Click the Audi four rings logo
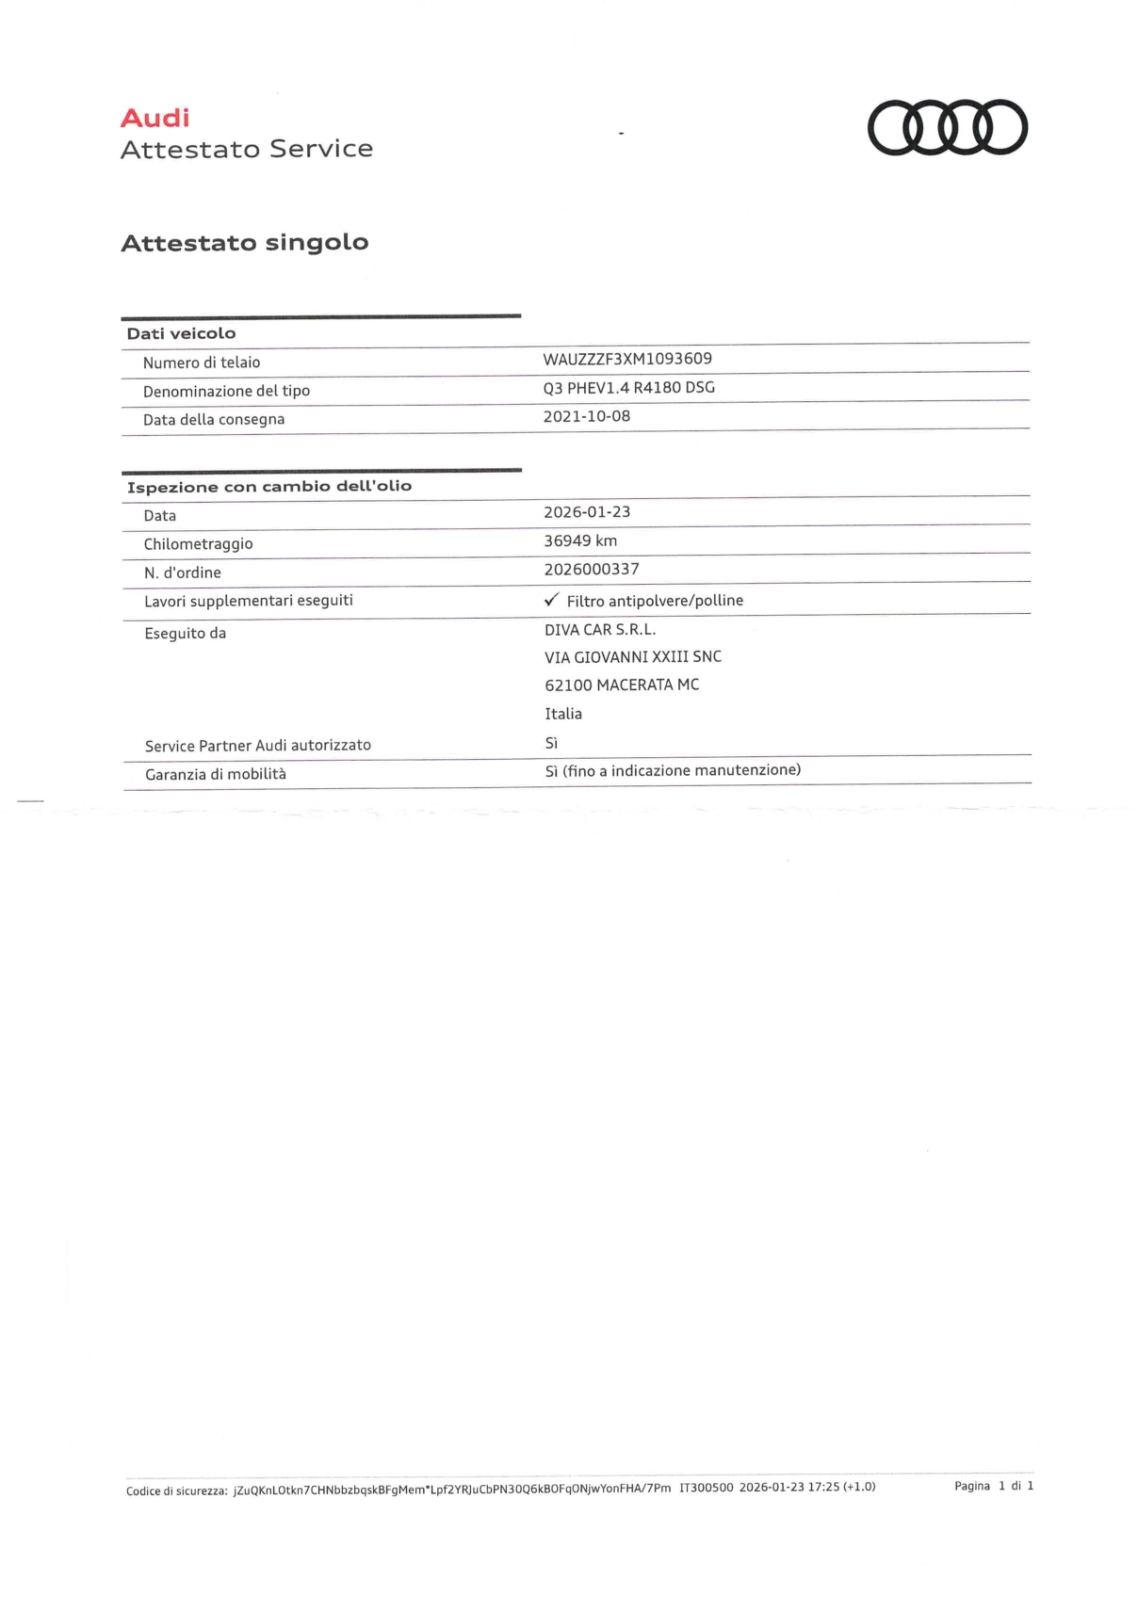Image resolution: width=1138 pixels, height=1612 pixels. pyautogui.click(x=947, y=127)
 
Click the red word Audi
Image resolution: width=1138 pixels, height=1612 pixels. pyautogui.click(x=155, y=119)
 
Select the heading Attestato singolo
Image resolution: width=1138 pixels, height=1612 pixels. pyautogui.click(x=245, y=243)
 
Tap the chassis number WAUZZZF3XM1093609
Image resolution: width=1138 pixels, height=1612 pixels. pyautogui.click(x=627, y=359)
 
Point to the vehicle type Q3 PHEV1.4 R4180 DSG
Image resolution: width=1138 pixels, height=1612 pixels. pyautogui.click(x=628, y=387)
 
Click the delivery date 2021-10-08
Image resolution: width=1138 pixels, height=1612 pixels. pyautogui.click(x=587, y=416)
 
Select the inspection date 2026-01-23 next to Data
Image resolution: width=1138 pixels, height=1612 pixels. pyautogui.click(x=587, y=512)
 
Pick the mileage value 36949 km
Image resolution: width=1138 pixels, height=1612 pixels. pyautogui.click(x=580, y=540)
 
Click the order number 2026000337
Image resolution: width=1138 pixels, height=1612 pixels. pyautogui.click(x=592, y=569)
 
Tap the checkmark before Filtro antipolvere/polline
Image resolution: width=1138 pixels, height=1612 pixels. pyautogui.click(x=552, y=600)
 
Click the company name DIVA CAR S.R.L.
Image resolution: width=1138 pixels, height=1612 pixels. pyautogui.click(x=600, y=629)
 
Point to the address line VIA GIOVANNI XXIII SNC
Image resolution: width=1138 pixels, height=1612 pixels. pyautogui.click(x=633, y=657)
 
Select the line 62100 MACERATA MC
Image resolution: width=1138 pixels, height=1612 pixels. pyautogui.click(x=622, y=685)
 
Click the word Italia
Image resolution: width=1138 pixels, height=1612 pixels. pyautogui.click(x=563, y=714)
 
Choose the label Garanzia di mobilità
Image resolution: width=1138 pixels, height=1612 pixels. pyautogui.click(x=216, y=774)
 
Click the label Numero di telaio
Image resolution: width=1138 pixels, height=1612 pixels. pyautogui.click(x=202, y=363)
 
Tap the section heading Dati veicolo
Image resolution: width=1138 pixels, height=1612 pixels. pyautogui.click(x=182, y=333)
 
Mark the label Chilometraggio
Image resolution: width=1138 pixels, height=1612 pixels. pyautogui.click(x=198, y=544)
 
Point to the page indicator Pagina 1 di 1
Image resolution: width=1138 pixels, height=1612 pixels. pyautogui.click(x=994, y=1486)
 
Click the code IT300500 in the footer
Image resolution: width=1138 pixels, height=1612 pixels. pyautogui.click(x=706, y=1488)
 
